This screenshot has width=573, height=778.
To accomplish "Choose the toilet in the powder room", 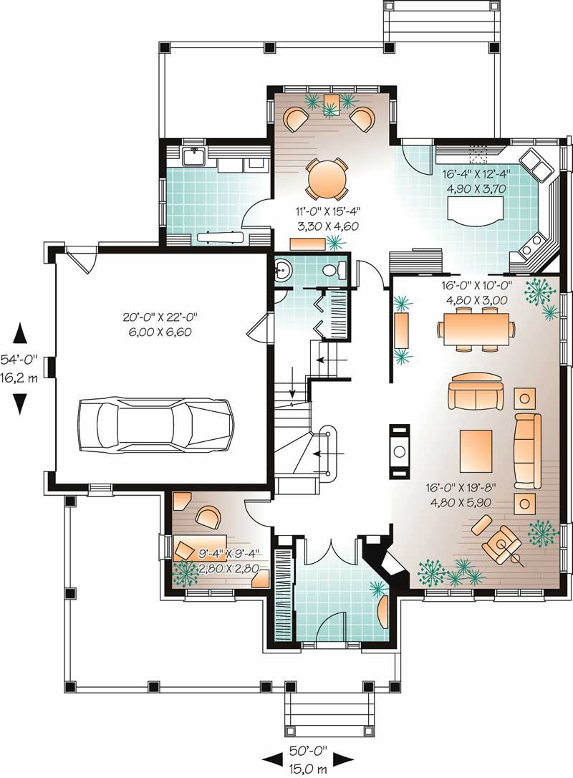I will (x=334, y=270).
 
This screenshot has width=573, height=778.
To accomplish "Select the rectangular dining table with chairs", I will (x=475, y=329).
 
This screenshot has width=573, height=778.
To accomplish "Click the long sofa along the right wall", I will (x=527, y=451).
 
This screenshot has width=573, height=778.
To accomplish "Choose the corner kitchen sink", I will (x=537, y=167).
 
